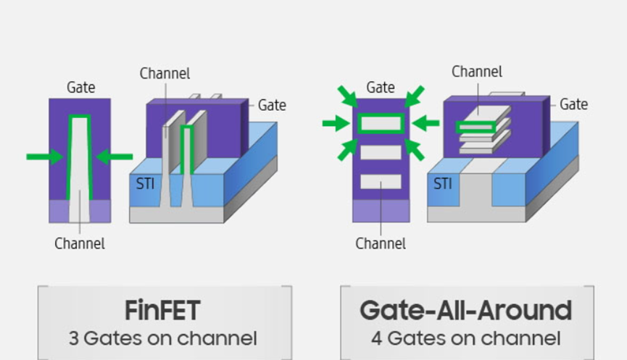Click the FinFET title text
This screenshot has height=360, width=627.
pos(162,310)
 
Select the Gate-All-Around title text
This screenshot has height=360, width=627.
pos(465,310)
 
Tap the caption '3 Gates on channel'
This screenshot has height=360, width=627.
pos(162,338)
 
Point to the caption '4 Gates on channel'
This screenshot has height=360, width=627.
pos(465,338)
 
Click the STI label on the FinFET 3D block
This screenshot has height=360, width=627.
pos(145,185)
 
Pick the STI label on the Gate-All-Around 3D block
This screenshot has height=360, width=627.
pos(442,184)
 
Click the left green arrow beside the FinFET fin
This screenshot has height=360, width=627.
pos(44,156)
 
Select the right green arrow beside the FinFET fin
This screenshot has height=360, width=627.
pos(115,156)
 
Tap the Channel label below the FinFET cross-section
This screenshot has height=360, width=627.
pos(80,244)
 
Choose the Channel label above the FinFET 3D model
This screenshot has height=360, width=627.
pos(165,73)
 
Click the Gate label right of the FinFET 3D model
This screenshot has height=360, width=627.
pos(272,106)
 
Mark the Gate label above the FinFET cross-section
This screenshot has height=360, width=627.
pos(80,88)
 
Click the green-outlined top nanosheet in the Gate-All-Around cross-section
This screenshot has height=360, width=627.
pos(381,124)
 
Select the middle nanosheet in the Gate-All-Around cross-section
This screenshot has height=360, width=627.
pos(381,153)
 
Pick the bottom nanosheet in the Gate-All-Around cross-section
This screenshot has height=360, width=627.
pos(381,181)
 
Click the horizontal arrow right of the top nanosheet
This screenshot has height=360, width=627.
pos(426,124)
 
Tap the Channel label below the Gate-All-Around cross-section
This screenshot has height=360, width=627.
pos(381,244)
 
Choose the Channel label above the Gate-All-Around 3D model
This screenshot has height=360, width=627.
pos(477,72)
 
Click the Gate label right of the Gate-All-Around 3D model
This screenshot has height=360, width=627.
pos(573,105)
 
